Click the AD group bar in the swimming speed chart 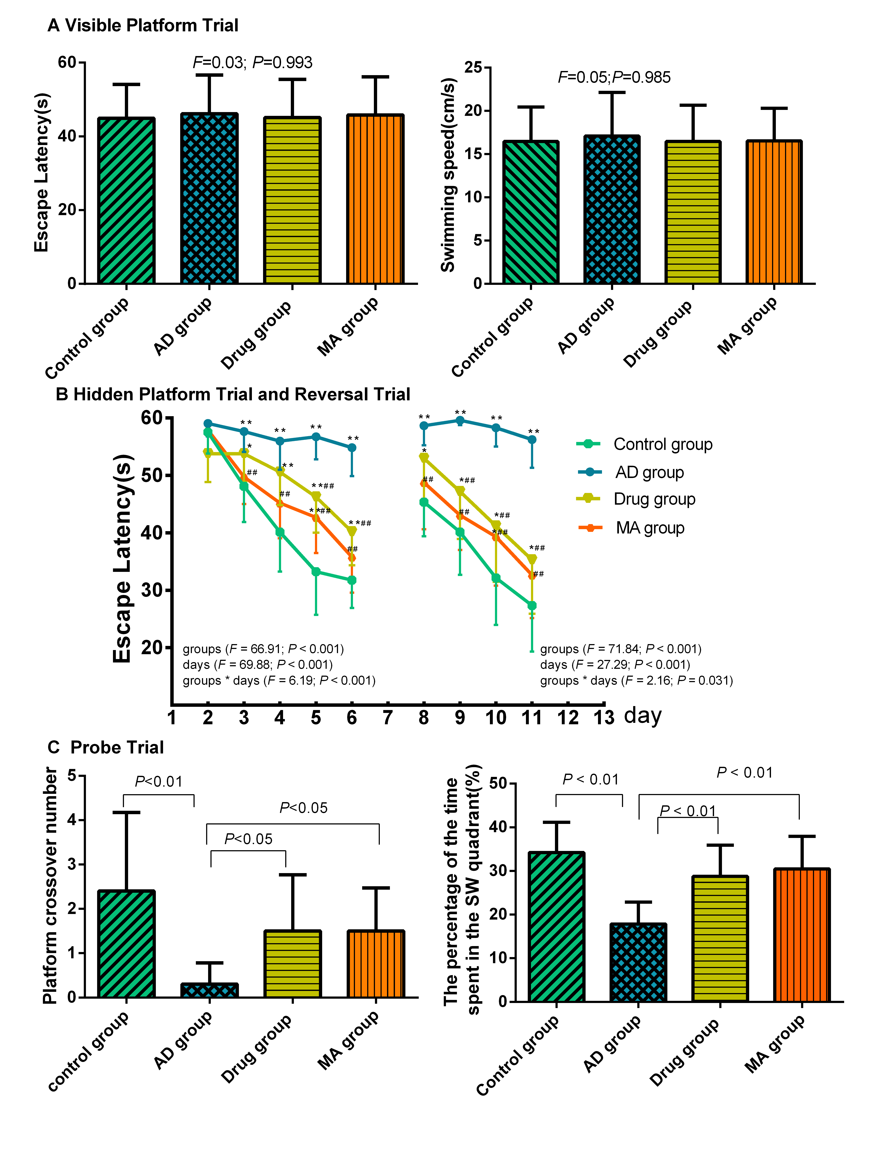click(612, 210)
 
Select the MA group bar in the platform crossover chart click(376, 965)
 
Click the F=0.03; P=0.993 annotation click(252, 63)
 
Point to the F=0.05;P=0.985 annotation click(614, 77)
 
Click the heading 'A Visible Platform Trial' click(143, 25)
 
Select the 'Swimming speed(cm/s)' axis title click(448, 175)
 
